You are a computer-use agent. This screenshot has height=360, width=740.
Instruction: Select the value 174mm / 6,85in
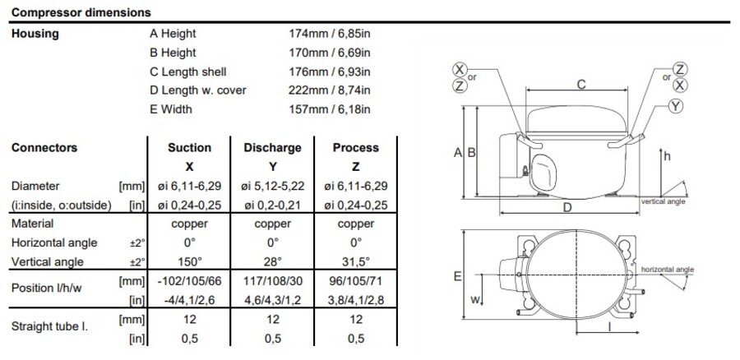click(x=326, y=34)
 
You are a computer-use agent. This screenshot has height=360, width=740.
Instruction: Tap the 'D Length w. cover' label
click(x=197, y=90)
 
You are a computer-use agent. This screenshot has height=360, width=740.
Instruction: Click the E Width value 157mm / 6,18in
click(x=326, y=108)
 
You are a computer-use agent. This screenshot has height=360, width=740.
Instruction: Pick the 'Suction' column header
click(x=189, y=148)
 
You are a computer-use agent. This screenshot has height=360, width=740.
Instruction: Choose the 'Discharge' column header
click(x=272, y=148)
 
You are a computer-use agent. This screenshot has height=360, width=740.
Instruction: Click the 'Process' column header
click(x=355, y=148)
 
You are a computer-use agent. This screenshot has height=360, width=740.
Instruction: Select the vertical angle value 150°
click(x=189, y=261)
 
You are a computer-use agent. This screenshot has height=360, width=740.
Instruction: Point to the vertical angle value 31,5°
click(x=355, y=261)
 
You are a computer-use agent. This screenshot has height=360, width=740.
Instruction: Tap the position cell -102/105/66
click(x=189, y=281)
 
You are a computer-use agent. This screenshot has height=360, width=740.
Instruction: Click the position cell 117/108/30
click(x=272, y=281)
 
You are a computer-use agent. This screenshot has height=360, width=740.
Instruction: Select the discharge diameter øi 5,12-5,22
click(x=272, y=187)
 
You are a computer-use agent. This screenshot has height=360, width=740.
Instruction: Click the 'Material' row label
click(x=33, y=224)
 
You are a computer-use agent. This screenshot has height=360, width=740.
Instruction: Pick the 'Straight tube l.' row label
click(x=49, y=326)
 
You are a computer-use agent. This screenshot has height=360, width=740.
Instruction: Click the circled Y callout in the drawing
click(x=676, y=106)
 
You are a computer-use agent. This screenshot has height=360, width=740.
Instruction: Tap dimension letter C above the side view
click(x=581, y=84)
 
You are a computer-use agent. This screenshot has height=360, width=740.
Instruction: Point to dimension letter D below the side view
click(x=567, y=209)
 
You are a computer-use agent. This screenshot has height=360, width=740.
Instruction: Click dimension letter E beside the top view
click(x=457, y=277)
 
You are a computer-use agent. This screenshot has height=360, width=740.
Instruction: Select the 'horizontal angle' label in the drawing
click(x=667, y=269)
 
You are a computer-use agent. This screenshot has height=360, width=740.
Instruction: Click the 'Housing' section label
click(x=35, y=34)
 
